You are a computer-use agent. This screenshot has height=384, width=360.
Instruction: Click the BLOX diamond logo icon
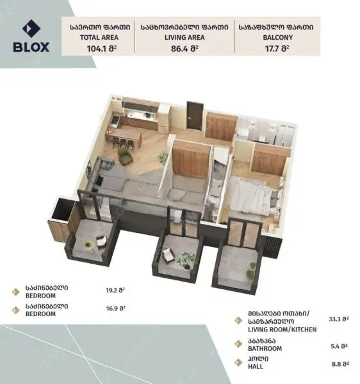[x=31, y=29]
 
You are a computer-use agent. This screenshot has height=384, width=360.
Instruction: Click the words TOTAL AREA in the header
[x=99, y=38]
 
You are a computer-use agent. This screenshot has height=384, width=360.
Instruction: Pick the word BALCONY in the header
[x=278, y=38]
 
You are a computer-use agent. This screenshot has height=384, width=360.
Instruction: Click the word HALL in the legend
[x=256, y=366]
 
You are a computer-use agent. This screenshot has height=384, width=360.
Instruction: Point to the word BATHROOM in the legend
[x=265, y=348]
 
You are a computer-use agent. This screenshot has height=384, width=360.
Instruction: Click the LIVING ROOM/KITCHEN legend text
[x=282, y=330]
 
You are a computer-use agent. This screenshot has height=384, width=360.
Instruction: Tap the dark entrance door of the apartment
[x=195, y=115]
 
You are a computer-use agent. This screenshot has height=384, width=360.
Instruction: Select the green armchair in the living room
[x=125, y=156]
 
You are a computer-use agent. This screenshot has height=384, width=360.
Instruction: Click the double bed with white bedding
[x=255, y=196]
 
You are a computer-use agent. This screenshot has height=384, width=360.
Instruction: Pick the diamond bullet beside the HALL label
[x=238, y=363]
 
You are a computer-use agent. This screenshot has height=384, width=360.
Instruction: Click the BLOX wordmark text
[x=31, y=47]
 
